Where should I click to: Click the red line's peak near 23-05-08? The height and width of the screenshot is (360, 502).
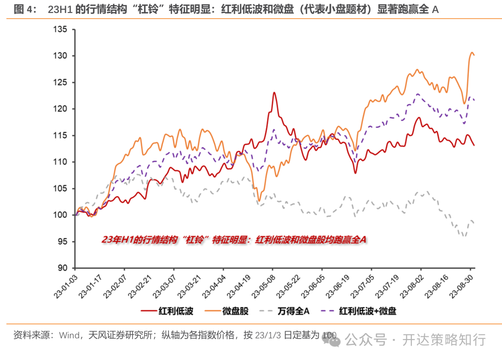click(275, 92)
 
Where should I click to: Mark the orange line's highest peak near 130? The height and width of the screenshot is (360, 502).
click(472, 52)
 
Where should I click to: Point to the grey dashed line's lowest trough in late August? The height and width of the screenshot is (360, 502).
click(464, 236)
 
